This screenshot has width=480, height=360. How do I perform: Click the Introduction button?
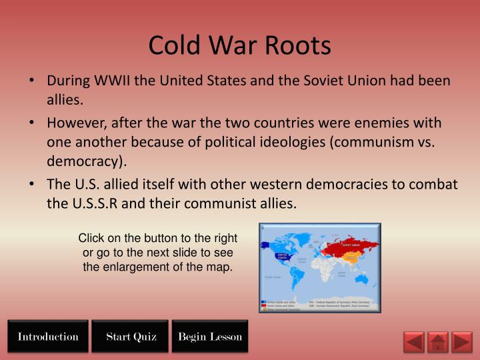48,337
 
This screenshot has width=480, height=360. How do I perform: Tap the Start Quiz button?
131,337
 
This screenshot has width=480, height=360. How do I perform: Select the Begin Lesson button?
210,337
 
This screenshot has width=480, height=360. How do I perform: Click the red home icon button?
437,342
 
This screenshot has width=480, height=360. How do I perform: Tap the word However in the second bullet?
75,124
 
